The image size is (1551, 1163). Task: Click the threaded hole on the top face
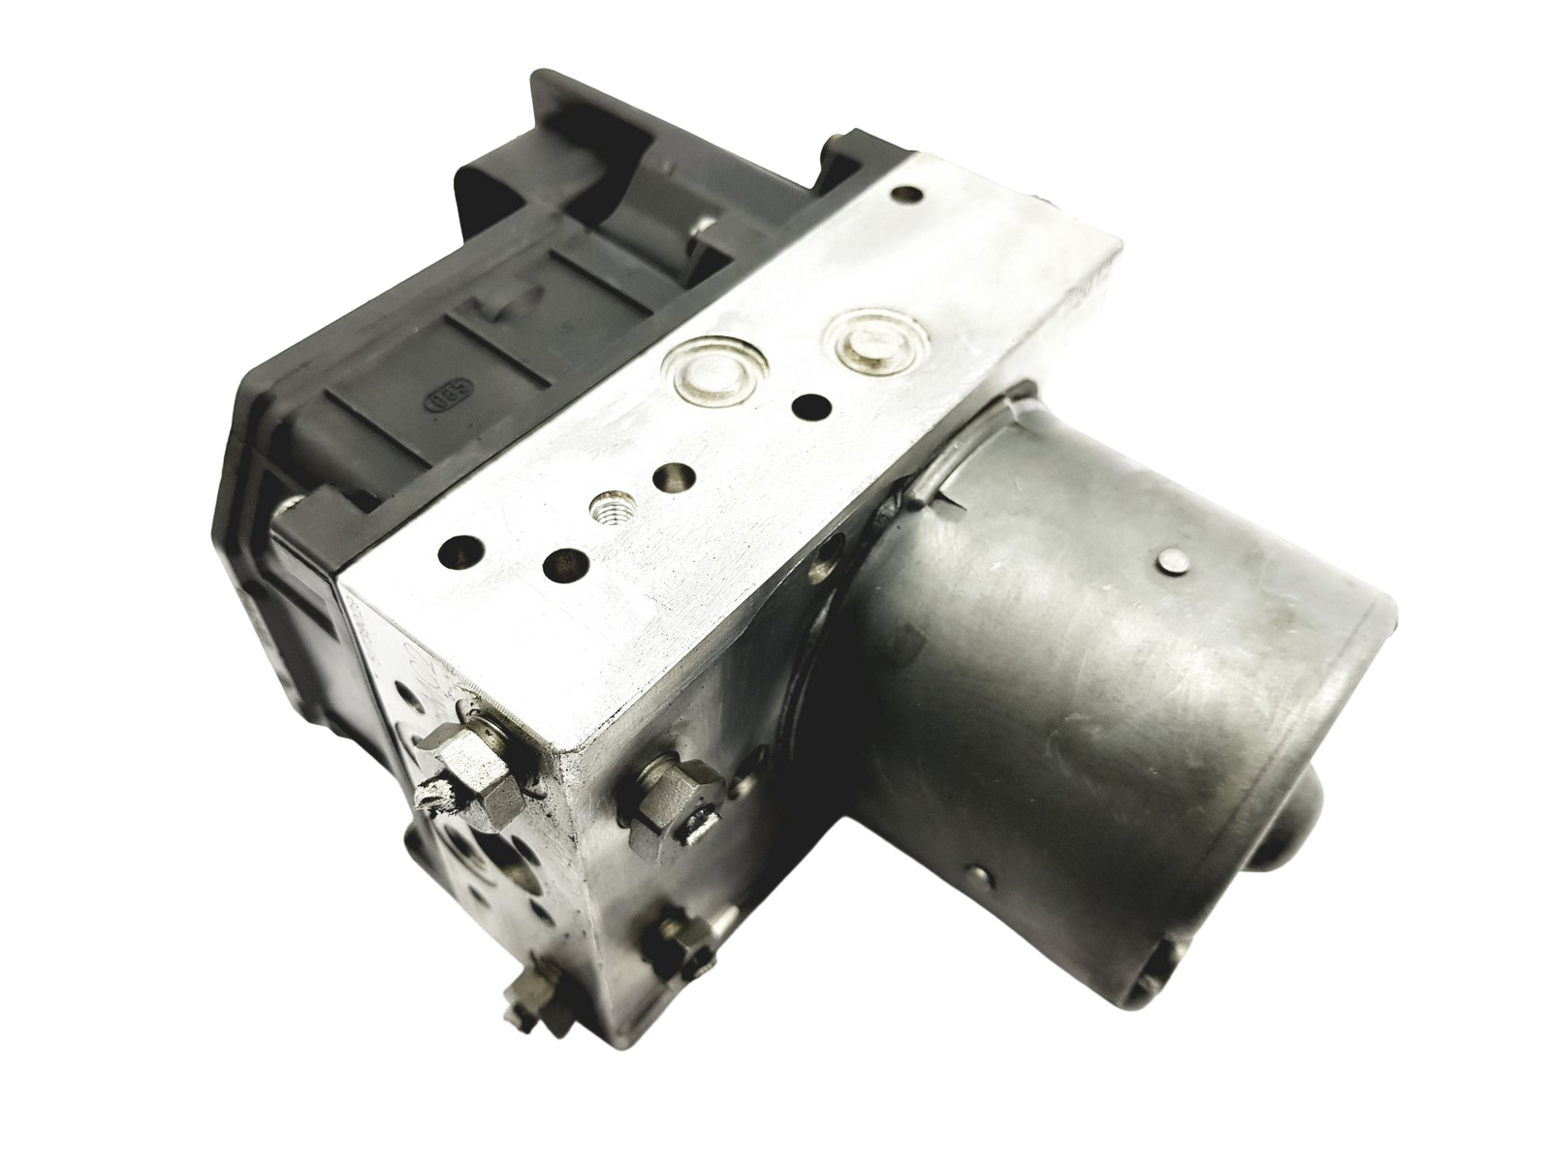click(606, 507)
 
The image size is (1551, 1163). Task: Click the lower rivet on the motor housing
click(981, 877)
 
